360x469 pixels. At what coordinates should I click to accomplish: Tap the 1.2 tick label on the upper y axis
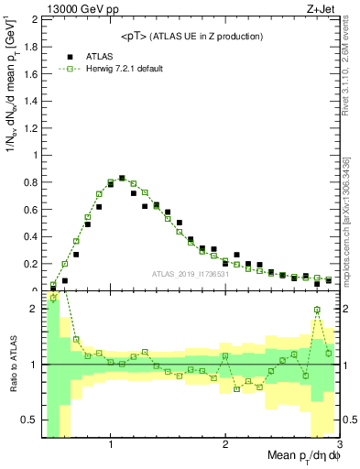[x=32, y=127]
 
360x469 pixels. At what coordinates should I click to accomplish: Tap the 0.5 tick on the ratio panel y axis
[x=32, y=420]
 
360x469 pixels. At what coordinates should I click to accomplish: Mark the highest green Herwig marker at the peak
[x=122, y=179]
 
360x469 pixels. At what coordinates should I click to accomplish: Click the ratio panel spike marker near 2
[x=317, y=310]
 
